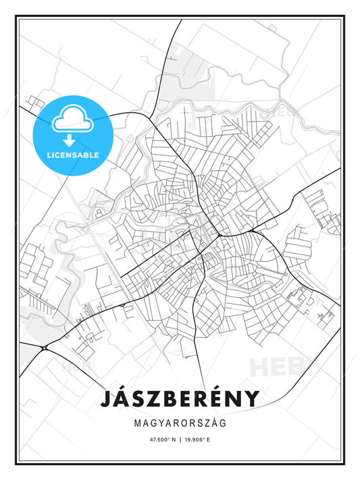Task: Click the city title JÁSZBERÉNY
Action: point(180,398)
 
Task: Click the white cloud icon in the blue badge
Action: point(70,119)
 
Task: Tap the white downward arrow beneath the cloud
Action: point(70,140)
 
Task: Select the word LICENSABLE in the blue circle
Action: point(73,155)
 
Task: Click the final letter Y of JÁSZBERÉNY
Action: point(251,398)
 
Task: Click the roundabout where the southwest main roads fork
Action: point(45,348)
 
